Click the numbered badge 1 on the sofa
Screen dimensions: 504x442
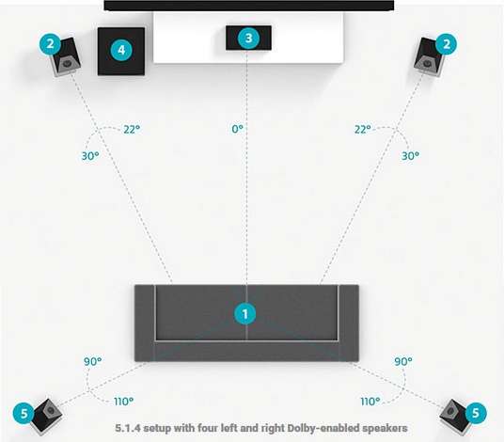click(x=245, y=314)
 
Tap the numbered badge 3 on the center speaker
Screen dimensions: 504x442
click(x=249, y=38)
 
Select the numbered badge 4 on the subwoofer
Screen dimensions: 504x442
click(x=121, y=50)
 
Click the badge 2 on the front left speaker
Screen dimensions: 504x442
click(x=51, y=43)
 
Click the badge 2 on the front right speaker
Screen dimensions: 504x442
click(x=446, y=43)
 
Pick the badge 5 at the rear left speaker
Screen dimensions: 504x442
click(x=24, y=413)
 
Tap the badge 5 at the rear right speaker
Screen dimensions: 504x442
click(x=476, y=413)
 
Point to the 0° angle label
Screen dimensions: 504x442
click(x=237, y=129)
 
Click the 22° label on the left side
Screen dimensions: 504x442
click(x=132, y=129)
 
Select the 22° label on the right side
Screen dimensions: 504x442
click(x=363, y=129)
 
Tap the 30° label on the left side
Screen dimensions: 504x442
click(x=90, y=156)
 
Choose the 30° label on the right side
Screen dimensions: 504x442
click(x=411, y=156)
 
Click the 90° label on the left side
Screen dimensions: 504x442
click(x=92, y=361)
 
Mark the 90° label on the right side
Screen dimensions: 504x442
click(x=403, y=361)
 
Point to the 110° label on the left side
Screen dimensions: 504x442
click(x=123, y=402)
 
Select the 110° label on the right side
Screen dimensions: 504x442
click(x=370, y=402)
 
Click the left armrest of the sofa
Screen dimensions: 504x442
click(x=145, y=323)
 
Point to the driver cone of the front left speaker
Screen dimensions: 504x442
click(x=67, y=63)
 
